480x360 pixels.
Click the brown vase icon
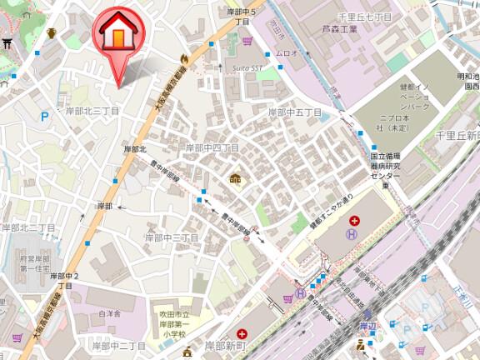tap(52, 32)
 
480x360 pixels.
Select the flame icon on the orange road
tap(184, 57)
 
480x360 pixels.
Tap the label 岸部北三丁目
tap(92, 111)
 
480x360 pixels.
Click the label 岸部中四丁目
tap(212, 147)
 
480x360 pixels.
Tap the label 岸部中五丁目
tap(294, 112)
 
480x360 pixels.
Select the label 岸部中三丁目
tap(172, 237)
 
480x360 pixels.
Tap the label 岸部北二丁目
tap(27, 227)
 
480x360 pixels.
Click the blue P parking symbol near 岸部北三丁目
tap(44, 117)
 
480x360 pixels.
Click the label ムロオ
tap(287, 53)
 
